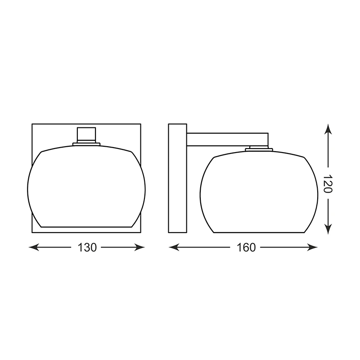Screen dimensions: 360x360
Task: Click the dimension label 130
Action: click(87, 247)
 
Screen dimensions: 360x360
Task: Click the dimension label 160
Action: click(246, 247)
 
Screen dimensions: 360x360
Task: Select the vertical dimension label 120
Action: click(328, 184)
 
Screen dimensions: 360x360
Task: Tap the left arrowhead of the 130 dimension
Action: click(34, 247)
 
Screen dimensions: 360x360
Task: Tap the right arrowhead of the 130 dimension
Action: click(139, 247)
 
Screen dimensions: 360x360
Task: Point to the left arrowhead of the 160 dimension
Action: click(174, 247)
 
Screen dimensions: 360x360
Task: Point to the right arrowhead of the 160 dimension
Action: click(312, 247)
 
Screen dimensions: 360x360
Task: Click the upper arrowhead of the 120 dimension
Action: click(328, 129)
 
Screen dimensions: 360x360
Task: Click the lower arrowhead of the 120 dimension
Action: click(328, 229)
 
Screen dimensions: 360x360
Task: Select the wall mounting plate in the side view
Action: click(177, 178)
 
